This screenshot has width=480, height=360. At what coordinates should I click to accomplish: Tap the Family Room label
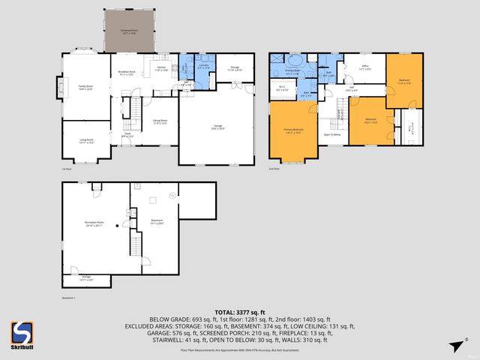tap(85, 88)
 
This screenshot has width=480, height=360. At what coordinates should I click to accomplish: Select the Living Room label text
tap(86, 140)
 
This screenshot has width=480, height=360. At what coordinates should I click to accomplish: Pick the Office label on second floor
tap(365, 67)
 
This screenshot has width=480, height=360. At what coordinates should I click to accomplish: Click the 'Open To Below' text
tap(333, 134)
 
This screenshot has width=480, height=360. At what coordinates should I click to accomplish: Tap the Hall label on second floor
tap(351, 88)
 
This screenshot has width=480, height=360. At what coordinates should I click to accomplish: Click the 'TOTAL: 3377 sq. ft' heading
tap(239, 311)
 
